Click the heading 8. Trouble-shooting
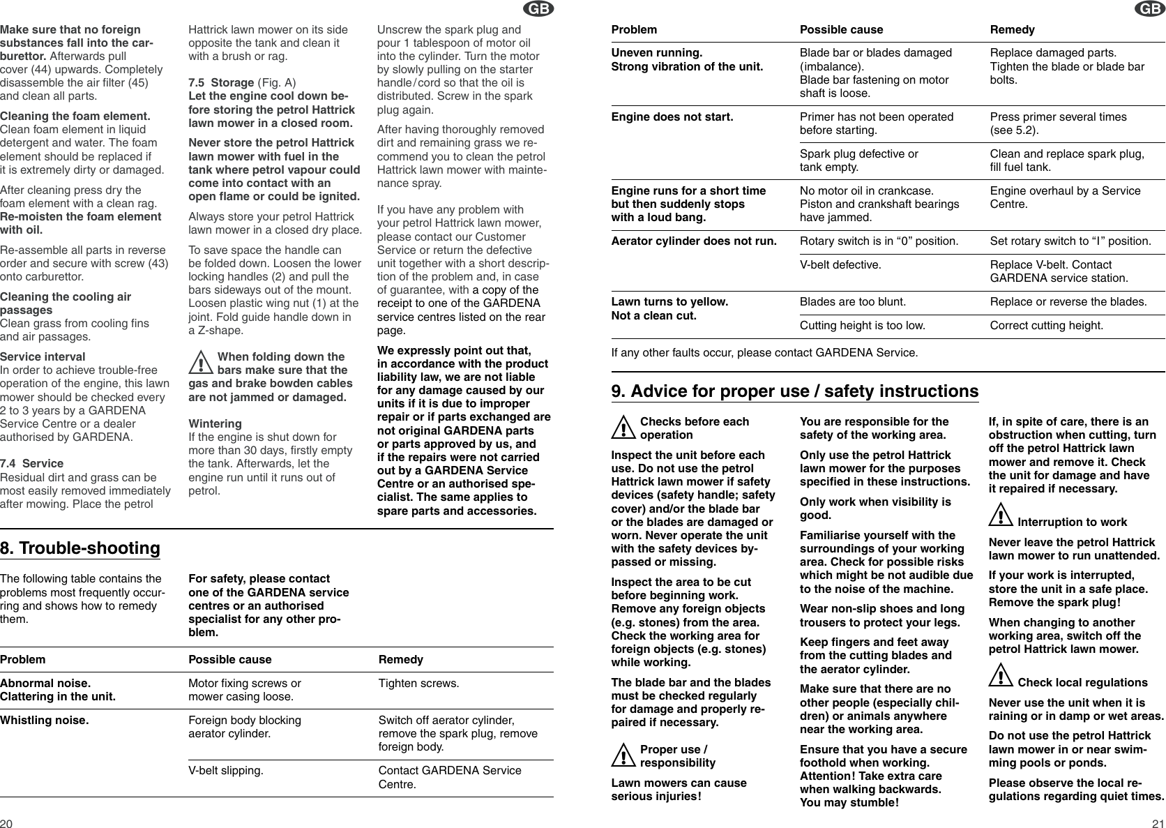coord(80,548)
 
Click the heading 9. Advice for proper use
coord(794,391)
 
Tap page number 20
coord(6,822)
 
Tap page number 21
coord(1158,822)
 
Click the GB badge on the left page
coord(540,8)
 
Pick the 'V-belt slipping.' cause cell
coord(226,771)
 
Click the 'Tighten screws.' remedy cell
coord(418,683)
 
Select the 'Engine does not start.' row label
coord(672,116)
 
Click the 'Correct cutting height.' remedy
coord(1047,326)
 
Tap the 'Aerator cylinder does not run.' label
coord(694,241)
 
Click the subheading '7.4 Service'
coord(32,463)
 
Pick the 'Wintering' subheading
coord(215,423)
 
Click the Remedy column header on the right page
coord(1013,30)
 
